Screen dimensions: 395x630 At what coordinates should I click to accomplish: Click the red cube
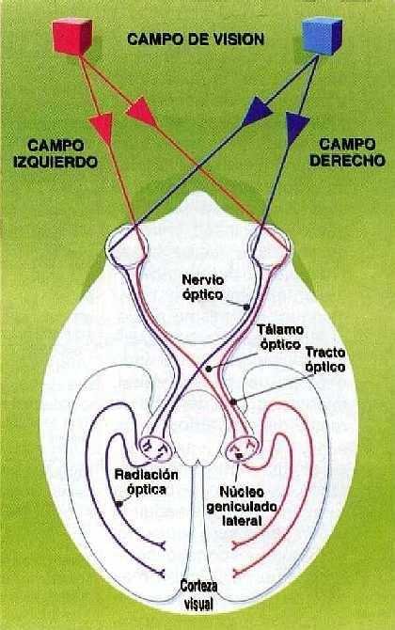click(72, 37)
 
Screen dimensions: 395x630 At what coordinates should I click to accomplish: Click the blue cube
click(322, 36)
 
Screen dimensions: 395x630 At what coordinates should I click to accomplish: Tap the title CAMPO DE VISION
click(196, 39)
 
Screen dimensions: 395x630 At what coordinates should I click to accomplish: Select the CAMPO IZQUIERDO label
click(55, 153)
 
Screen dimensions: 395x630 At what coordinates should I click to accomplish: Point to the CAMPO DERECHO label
click(348, 152)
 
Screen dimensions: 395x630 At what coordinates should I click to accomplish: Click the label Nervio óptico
click(203, 287)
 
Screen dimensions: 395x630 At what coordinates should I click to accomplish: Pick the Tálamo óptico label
click(280, 338)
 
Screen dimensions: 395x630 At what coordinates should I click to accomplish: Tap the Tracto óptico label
click(325, 360)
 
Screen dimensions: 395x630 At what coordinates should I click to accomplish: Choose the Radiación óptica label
click(147, 481)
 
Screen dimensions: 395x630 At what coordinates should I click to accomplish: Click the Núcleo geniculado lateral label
click(242, 506)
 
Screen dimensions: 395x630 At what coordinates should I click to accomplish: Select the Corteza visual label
click(198, 594)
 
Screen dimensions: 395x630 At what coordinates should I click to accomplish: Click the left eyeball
click(126, 244)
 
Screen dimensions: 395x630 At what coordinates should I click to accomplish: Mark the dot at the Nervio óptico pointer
click(246, 307)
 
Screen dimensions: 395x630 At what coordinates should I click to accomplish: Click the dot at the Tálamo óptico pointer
click(208, 368)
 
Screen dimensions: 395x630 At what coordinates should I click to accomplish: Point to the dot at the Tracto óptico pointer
click(232, 401)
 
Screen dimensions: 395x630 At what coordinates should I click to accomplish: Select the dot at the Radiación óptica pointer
click(118, 503)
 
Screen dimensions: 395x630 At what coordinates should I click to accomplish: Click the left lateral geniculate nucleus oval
click(156, 449)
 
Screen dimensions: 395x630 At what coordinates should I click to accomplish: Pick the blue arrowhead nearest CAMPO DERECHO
click(296, 125)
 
